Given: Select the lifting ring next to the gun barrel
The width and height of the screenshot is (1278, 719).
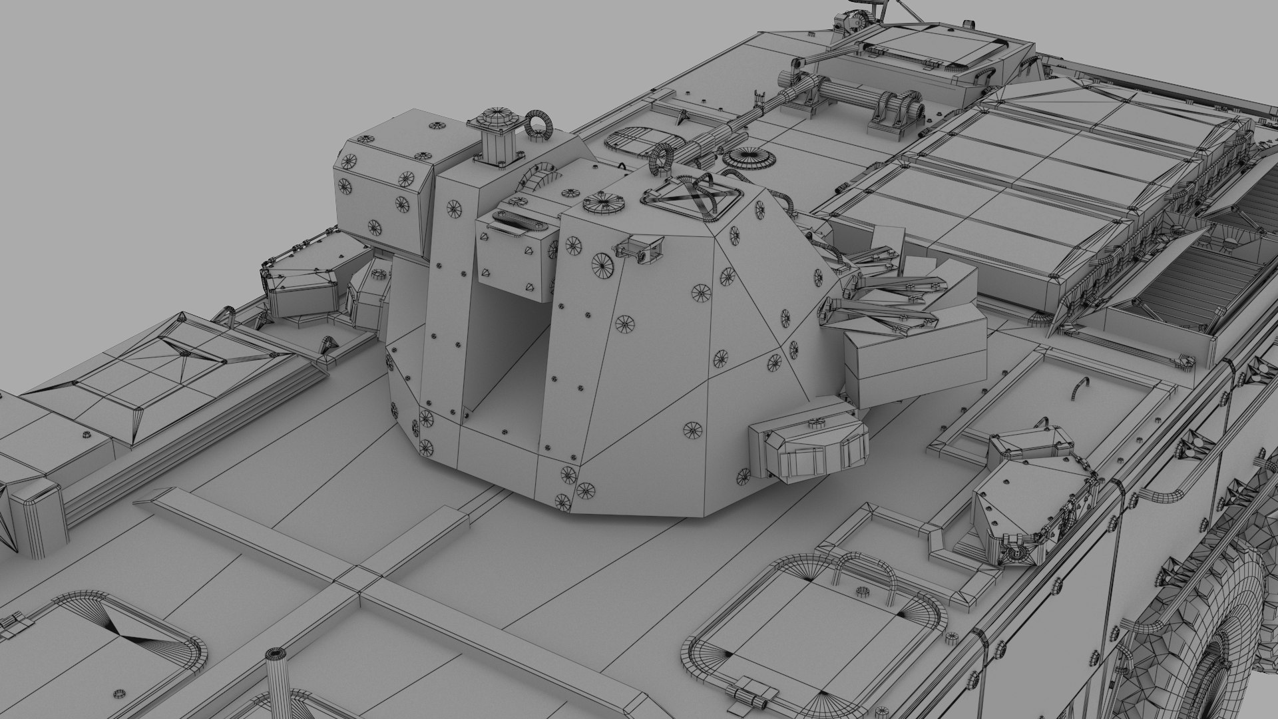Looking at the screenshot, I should (x=662, y=160).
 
